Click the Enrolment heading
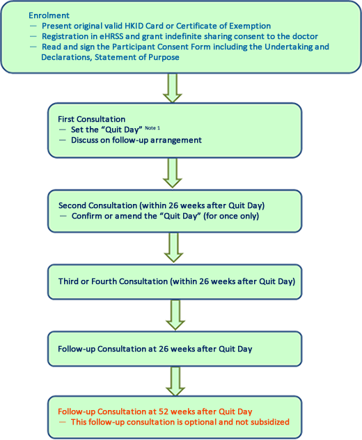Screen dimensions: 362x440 point(49,15)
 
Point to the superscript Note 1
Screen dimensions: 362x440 point(152,128)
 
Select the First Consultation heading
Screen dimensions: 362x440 point(91,119)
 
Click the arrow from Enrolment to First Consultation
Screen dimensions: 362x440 point(173,88)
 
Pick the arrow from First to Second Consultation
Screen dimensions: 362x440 point(173,173)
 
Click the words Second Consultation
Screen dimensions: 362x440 point(97,205)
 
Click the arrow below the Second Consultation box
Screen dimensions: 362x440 point(174,247)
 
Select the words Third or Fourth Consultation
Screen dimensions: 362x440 point(113,281)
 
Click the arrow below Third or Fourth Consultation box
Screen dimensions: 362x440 point(175,315)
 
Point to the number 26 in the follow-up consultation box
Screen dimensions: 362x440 point(164,349)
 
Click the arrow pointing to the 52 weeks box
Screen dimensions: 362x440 point(175,382)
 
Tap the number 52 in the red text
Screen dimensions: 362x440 point(164,411)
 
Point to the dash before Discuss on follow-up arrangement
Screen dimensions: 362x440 point(62,140)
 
